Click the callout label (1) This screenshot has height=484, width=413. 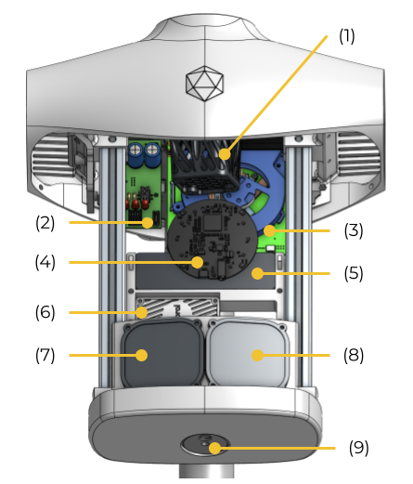pos(346,36)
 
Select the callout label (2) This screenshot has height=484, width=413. pos(45,223)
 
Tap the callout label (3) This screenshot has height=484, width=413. pos(354,230)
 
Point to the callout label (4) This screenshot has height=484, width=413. pos(45,262)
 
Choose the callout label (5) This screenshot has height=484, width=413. pos(354,274)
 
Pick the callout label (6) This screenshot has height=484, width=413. pos(45,312)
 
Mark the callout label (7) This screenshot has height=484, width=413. pos(45,355)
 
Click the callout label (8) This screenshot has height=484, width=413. pos(354,355)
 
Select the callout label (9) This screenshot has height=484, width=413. pos(359,448)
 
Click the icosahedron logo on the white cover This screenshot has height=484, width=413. pos(204,83)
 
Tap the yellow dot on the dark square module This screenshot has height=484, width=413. pos(142,355)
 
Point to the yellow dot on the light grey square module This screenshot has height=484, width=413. pos(257,355)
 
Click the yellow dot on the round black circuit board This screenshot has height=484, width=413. pos(198,262)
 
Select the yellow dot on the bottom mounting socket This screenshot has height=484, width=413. pos(214,448)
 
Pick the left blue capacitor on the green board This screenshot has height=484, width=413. pos(136,154)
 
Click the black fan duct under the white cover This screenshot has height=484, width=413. pos(204,166)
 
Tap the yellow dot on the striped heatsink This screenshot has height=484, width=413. pos(142,312)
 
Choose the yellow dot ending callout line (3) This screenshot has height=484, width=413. pos(269,230)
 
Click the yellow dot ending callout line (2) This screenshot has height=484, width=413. pos(148,223)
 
